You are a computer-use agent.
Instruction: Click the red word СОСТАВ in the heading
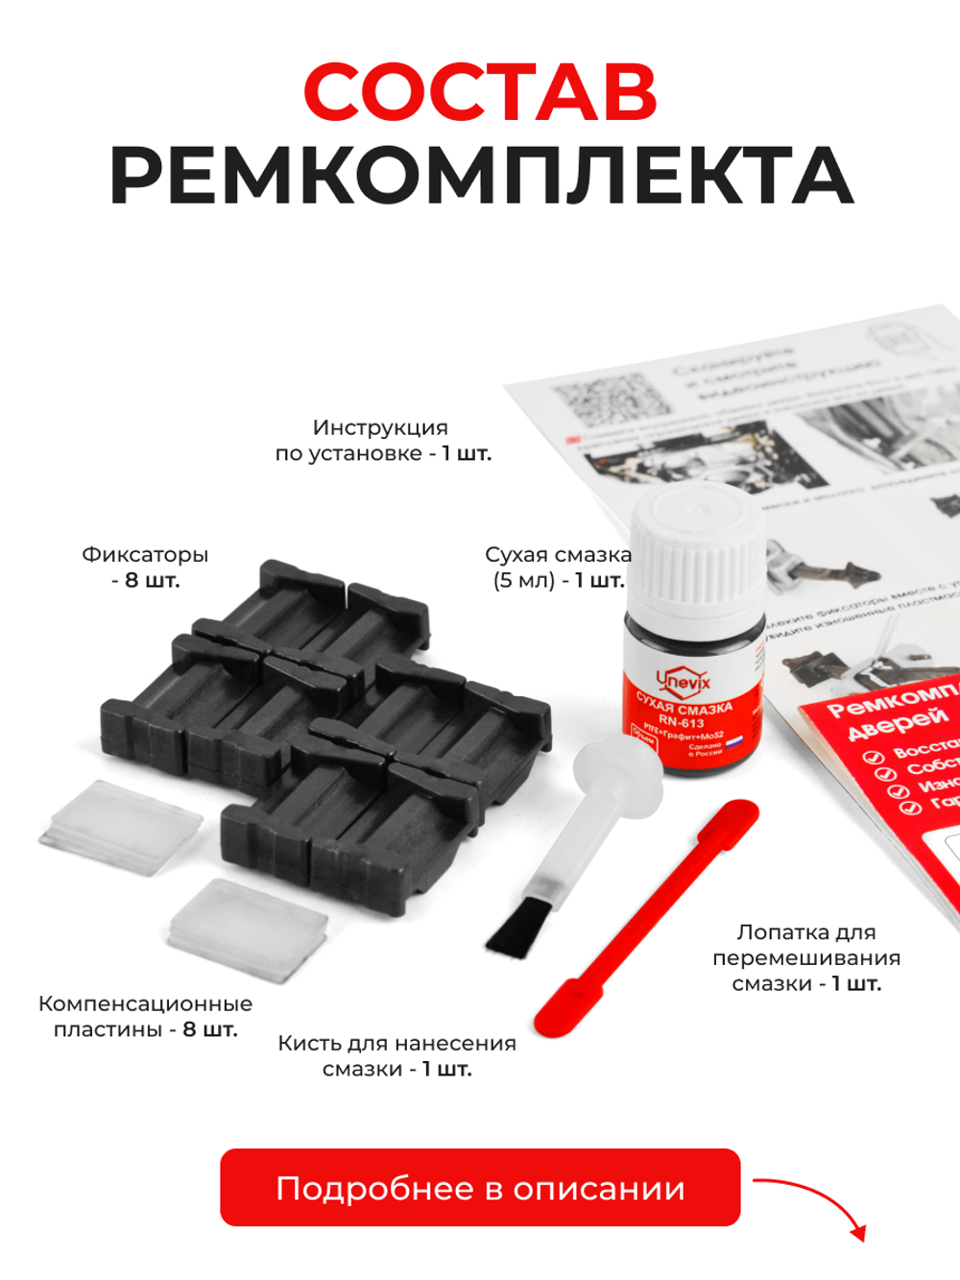pos(480,92)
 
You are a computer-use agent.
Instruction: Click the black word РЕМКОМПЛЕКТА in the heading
pos(480,177)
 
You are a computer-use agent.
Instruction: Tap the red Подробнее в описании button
pos(480,1188)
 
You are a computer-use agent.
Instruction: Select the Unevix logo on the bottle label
pos(684,681)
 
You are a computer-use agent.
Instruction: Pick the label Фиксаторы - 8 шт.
pos(145,568)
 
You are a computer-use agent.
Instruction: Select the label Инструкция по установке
pos(382,441)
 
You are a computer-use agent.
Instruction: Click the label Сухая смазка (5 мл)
pos(558,568)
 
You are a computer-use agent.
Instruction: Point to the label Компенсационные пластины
pos(145,1017)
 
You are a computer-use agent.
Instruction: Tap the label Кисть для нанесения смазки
pos(396,1056)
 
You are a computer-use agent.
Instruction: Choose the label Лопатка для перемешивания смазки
pos(806,957)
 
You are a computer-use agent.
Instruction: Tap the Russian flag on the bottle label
pos(733,742)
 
